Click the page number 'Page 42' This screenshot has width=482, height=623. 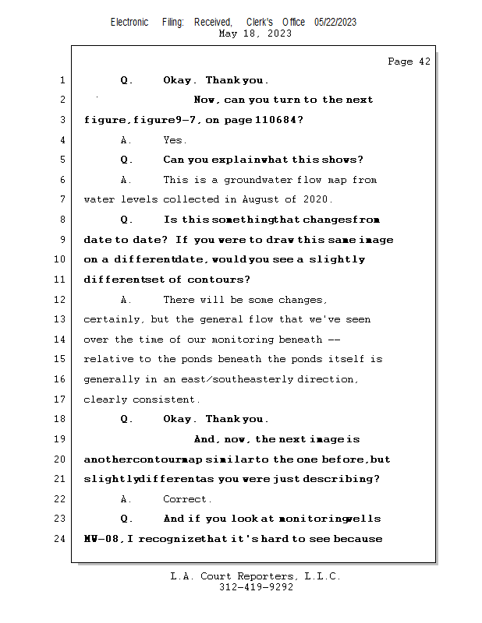coord(409,62)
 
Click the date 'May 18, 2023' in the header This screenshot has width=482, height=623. coord(256,33)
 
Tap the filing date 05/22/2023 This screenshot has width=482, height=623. coord(335,22)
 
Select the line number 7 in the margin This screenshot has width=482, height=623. coord(62,199)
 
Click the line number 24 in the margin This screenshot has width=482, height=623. coord(60,538)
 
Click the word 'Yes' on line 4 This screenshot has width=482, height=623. coord(174,140)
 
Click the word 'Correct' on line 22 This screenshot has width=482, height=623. coord(186,499)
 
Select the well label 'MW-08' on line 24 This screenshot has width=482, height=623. coord(102,538)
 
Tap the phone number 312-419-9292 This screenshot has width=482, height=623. coord(256,587)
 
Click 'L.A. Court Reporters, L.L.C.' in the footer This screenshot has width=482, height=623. coord(256,576)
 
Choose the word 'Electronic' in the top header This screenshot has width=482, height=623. coord(129,22)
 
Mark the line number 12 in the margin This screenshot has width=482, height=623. coord(60,300)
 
